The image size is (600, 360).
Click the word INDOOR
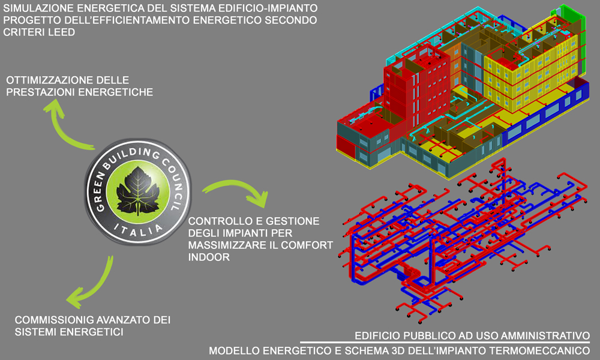209,257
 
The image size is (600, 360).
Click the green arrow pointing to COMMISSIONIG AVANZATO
94,283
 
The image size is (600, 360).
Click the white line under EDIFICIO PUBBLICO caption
445,343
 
